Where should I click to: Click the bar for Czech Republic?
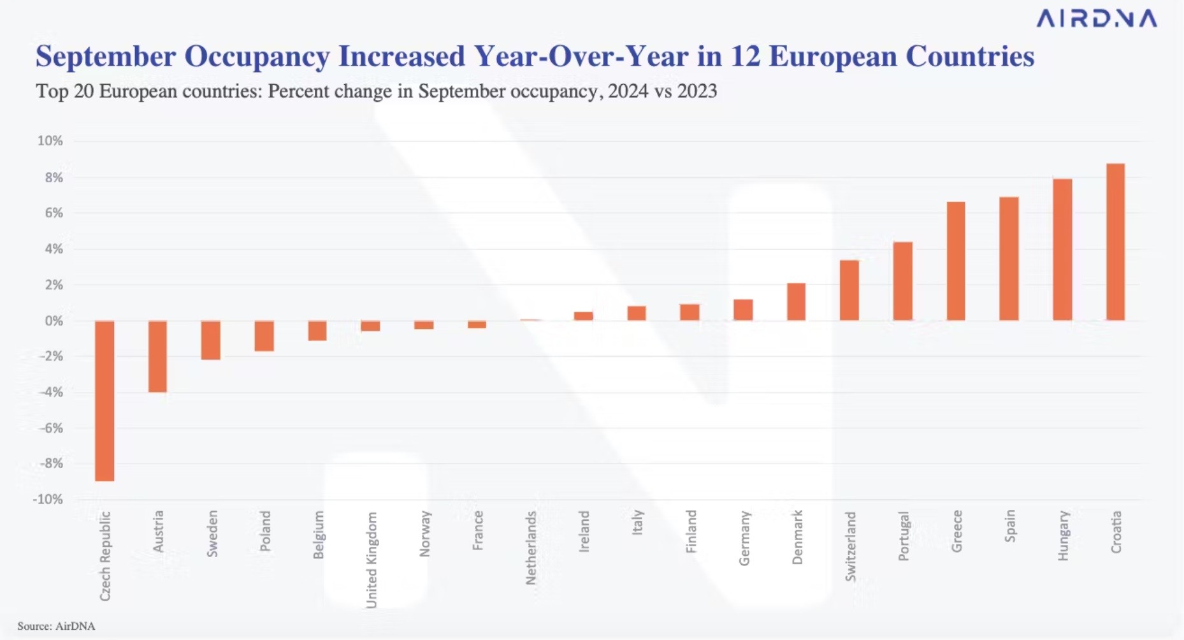tap(105, 400)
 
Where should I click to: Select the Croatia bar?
tap(1115, 242)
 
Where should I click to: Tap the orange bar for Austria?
tap(157, 356)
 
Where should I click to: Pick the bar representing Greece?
tap(956, 261)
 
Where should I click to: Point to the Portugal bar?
tap(902, 281)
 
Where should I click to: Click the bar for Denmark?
tap(796, 302)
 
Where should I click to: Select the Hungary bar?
tap(1062, 250)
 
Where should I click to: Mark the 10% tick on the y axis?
tap(50, 141)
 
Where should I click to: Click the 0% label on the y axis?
tap(54, 321)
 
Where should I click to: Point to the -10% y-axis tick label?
tap(48, 499)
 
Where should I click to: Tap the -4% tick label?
tap(51, 392)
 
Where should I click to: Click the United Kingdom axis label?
tap(372, 560)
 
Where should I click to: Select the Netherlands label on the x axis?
tap(531, 548)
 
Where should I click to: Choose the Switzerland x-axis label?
tap(850, 546)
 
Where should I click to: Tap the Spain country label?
tap(1009, 526)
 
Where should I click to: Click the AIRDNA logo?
tap(1096, 18)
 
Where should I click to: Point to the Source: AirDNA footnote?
tap(56, 626)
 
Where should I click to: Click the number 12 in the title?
tap(745, 56)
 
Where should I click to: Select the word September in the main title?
tap(106, 56)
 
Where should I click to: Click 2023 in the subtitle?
tap(697, 91)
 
